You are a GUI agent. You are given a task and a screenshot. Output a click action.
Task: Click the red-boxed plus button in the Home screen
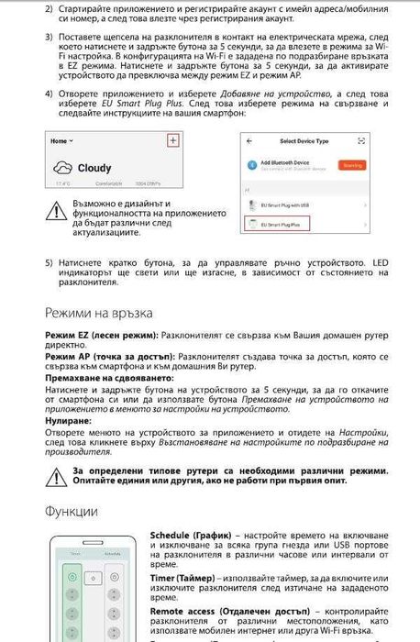pos(171,140)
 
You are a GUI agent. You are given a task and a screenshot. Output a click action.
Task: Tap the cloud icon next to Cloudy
pos(66,167)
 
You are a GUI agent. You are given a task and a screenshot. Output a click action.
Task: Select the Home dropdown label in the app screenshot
pos(61,141)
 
